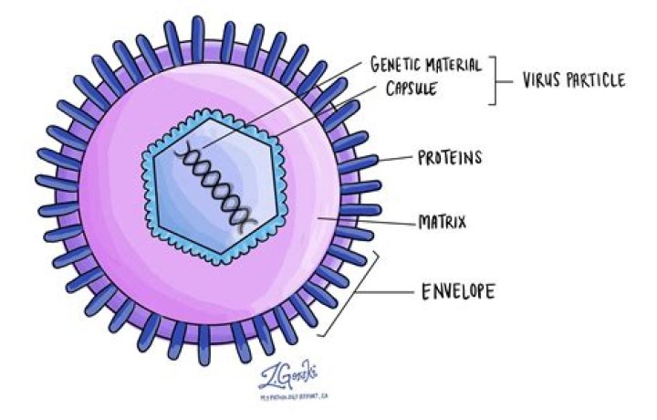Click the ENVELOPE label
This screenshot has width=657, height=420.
[457, 293]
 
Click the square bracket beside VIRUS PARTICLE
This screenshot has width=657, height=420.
[496, 80]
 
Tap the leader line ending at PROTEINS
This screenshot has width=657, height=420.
[394, 159]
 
